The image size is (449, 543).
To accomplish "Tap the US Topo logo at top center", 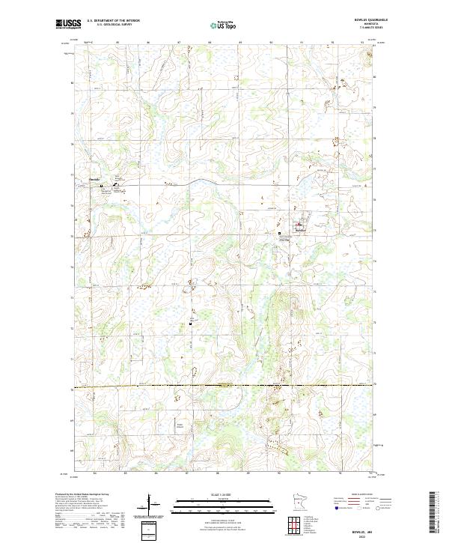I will pyautogui.click(x=225, y=25).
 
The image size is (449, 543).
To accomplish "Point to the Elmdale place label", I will pyautogui.click(x=94, y=179).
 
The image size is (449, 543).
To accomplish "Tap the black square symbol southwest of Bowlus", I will pyautogui.click(x=280, y=234).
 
